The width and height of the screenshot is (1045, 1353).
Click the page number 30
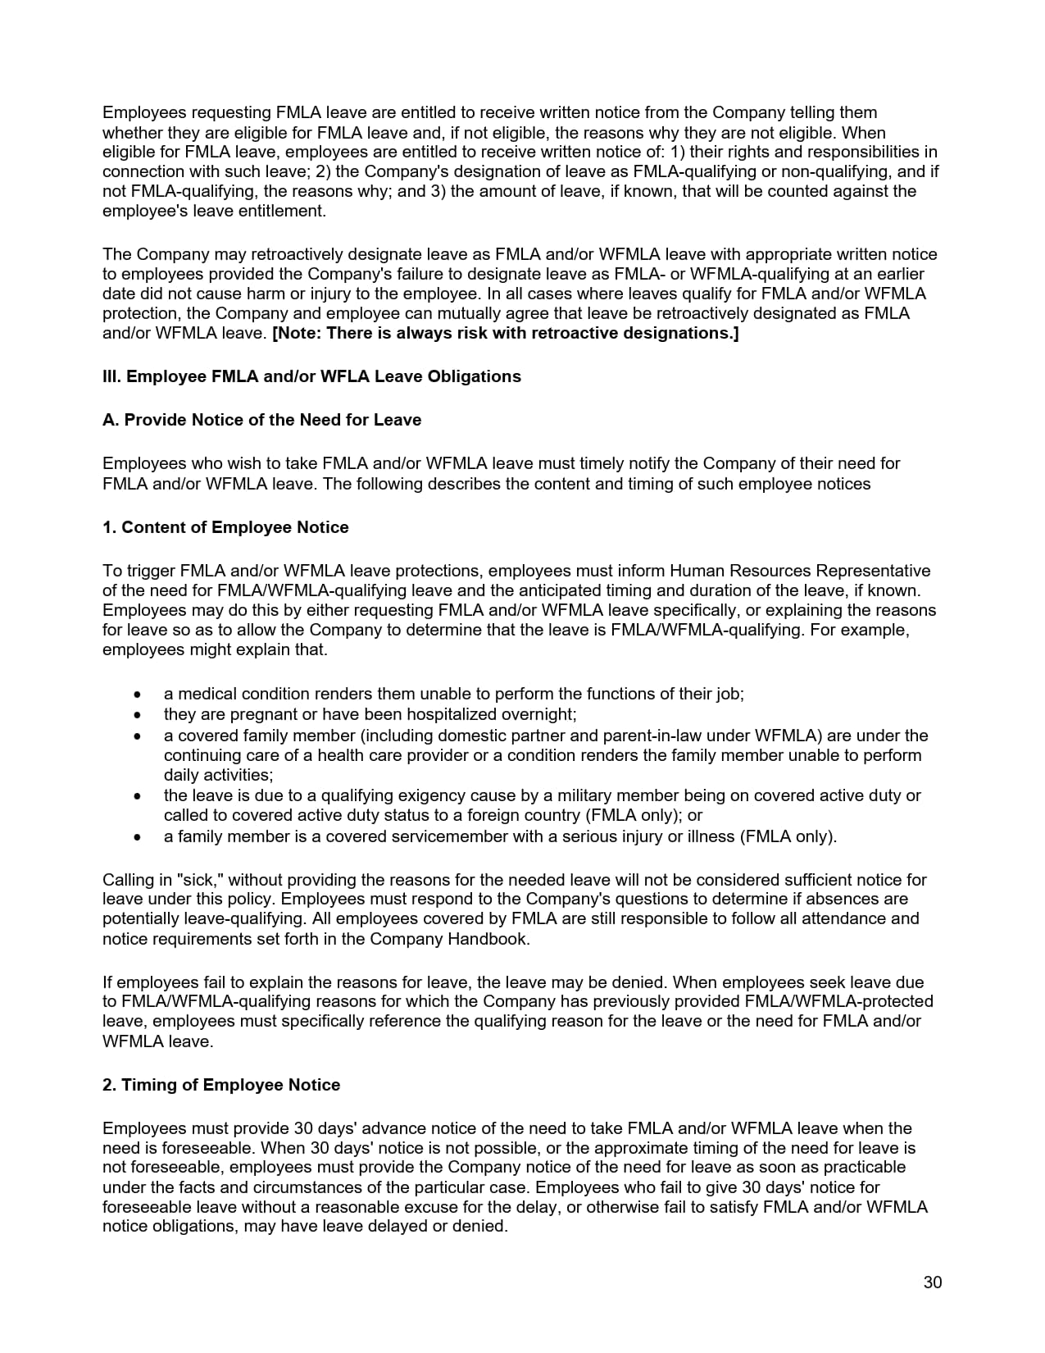click(x=932, y=1282)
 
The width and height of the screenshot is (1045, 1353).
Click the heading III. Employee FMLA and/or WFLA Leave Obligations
click(x=311, y=376)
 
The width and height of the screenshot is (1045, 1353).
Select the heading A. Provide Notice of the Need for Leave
click(x=261, y=420)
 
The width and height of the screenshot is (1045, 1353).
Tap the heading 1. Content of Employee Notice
click(x=225, y=527)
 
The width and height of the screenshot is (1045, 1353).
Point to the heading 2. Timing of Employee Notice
click(x=221, y=1085)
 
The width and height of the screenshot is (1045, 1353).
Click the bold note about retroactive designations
click(x=505, y=333)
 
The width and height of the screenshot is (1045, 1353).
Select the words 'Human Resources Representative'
click(x=800, y=571)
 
